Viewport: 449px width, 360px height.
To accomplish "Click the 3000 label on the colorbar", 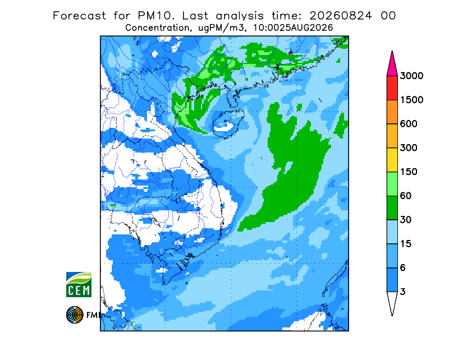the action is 411,76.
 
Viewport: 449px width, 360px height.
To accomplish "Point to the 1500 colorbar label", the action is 411,100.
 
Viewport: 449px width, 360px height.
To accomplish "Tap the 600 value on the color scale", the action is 409,124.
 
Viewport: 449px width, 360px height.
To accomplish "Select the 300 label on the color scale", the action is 409,148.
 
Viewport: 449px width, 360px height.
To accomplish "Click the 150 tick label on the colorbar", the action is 409,172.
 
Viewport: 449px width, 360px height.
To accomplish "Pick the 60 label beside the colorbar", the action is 406,196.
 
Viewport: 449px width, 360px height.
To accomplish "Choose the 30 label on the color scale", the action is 406,220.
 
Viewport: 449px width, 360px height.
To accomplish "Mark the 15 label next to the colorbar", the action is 406,244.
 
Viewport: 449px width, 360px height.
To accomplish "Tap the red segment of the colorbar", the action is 392,88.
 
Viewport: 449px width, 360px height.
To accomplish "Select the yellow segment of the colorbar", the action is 392,160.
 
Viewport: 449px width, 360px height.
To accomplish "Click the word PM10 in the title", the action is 155,16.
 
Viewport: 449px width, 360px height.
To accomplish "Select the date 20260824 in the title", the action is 341,16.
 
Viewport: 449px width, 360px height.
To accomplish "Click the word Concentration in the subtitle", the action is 157,28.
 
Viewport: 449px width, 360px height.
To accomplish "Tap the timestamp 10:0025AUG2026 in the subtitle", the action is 293,28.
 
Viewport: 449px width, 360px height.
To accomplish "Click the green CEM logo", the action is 79,284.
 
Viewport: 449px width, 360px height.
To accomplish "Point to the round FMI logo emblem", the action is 75,315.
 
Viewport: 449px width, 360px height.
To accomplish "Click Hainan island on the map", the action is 228,123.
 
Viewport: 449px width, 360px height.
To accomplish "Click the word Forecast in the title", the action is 79,16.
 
